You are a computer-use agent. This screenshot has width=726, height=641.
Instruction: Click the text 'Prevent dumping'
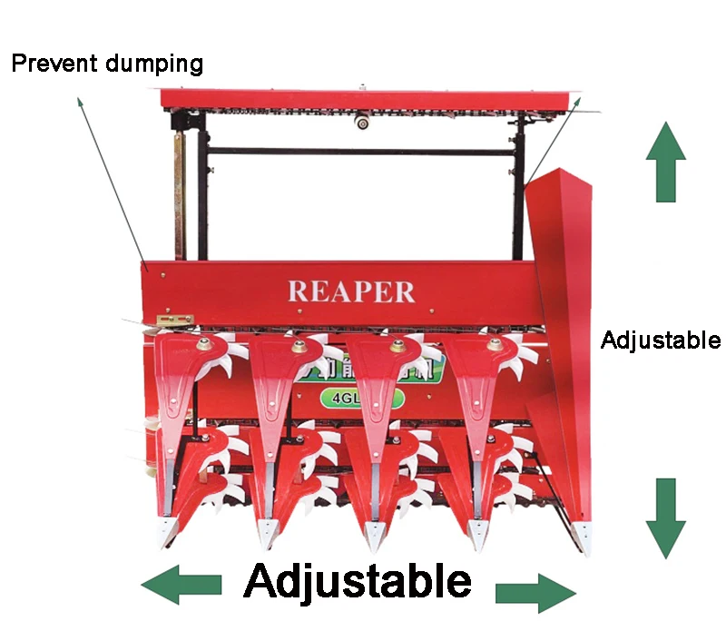pyautogui.click(x=106, y=64)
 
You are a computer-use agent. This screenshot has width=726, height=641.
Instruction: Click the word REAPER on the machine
pyautogui.click(x=351, y=291)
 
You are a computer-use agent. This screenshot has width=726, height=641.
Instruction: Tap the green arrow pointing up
pyautogui.click(x=665, y=163)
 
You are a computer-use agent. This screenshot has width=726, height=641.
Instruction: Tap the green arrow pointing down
pyautogui.click(x=666, y=518)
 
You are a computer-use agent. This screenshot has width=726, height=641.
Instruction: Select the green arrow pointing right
pyautogui.click(x=536, y=592)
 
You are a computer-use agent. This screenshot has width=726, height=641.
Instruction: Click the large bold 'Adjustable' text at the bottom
pyautogui.click(x=358, y=581)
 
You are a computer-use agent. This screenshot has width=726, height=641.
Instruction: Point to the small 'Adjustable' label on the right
pyautogui.click(x=661, y=340)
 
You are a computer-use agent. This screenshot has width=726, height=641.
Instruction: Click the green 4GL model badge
pyautogui.click(x=359, y=398)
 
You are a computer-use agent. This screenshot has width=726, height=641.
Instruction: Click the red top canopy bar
pyautogui.click(x=363, y=99)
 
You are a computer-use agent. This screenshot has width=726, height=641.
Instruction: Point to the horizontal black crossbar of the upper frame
pyautogui.click(x=363, y=152)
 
